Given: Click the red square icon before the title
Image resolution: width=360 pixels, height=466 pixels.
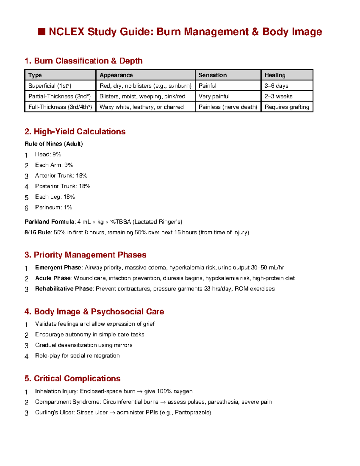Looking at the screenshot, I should tap(42, 32).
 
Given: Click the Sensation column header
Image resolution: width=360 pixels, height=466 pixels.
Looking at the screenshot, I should tap(212, 75).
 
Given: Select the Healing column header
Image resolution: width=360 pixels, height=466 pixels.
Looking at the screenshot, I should tap(275, 75).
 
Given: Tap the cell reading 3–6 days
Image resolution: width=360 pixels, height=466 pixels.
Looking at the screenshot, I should tap(276, 86).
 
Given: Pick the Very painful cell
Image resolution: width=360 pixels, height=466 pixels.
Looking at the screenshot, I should tap(214, 96).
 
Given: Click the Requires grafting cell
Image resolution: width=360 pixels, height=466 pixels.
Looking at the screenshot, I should tap(287, 107).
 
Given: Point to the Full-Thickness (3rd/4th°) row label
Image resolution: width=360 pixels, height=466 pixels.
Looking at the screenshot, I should tap(60, 107).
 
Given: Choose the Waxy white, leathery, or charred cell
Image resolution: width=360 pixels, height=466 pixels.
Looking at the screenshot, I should tap(141, 107).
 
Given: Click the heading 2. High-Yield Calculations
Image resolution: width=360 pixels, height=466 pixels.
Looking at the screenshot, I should tap(75, 131).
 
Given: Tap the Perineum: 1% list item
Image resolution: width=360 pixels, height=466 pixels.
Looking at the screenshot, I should tap(53, 207).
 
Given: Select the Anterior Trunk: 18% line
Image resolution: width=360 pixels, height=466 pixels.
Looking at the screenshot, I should tap(61, 176).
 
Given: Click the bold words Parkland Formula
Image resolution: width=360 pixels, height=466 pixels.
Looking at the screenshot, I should tap(49, 222).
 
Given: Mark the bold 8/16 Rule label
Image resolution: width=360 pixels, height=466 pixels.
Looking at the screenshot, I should tap(38, 232).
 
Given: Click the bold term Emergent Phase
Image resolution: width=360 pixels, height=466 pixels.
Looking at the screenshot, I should tap(58, 267).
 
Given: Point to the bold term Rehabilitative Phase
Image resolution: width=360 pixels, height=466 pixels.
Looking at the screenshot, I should tap(64, 289).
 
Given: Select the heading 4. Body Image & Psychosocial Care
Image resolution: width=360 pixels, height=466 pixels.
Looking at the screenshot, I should tap(94, 311).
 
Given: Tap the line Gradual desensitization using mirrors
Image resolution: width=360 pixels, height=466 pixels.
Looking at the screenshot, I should tap(84, 345).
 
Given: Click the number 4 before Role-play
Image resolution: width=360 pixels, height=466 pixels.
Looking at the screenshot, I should tap(26, 356).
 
